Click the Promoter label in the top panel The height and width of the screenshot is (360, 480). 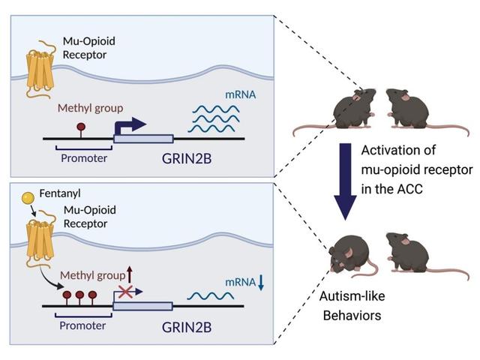point(83,158)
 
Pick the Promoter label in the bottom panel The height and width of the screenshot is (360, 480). point(83,327)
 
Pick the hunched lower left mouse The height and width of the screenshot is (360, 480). point(348,255)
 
